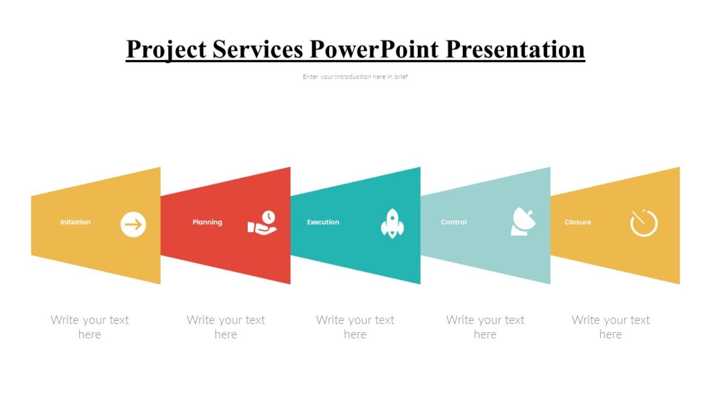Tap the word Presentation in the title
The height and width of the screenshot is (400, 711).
515,49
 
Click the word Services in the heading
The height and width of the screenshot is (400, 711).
258,49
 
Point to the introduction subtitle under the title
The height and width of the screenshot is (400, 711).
355,76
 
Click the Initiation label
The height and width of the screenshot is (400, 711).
75,222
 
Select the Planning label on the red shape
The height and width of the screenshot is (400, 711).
207,222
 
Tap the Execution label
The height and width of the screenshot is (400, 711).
323,222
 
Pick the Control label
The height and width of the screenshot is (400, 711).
454,222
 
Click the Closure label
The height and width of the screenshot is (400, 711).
578,222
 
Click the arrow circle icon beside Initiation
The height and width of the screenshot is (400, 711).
133,225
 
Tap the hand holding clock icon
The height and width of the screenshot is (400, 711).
262,223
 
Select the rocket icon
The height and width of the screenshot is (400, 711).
392,224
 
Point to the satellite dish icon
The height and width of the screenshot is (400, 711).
523,222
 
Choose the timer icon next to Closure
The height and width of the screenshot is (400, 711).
644,223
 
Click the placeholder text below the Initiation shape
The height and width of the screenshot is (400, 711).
89,327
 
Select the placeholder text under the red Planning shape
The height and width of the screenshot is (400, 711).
226,327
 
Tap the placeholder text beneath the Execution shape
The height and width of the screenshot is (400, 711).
355,327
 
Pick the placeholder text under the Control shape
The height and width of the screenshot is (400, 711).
485,327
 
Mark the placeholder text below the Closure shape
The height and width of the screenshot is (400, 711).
611,327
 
